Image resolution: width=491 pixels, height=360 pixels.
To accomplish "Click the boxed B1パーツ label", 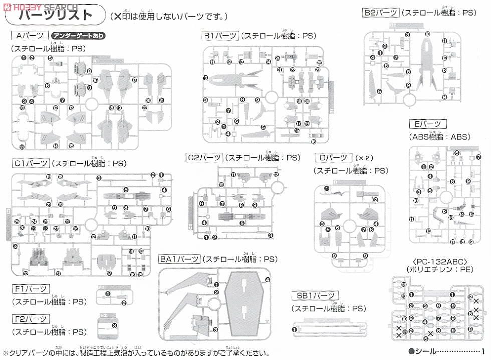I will (219, 36).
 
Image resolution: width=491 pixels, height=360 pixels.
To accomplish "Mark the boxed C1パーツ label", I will (31, 163).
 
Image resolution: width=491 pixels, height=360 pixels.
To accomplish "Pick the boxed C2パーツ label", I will (204, 158).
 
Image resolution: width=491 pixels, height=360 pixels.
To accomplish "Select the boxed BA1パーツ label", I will (179, 259).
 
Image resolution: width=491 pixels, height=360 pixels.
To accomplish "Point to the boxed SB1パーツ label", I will (315, 295).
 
